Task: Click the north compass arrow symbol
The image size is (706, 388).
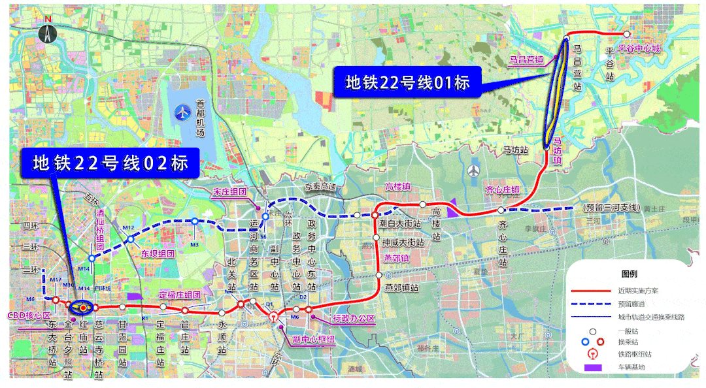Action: coord(47,33)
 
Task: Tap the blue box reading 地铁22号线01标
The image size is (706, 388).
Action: coord(407,82)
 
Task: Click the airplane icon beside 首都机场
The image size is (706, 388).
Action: coord(182,112)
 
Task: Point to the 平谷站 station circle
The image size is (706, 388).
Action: coord(626,34)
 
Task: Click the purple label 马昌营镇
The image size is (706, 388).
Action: coord(526,59)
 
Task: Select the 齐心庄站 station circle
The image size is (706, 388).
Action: coord(501,210)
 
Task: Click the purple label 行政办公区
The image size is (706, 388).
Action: coord(354,319)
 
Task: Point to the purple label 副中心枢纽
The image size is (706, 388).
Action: coord(313,339)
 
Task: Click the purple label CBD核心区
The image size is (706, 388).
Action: coord(28,315)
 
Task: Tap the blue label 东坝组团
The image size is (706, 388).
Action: coord(158,253)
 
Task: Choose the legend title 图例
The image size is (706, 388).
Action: coord(628,274)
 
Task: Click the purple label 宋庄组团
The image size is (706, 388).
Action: coord(229,193)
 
